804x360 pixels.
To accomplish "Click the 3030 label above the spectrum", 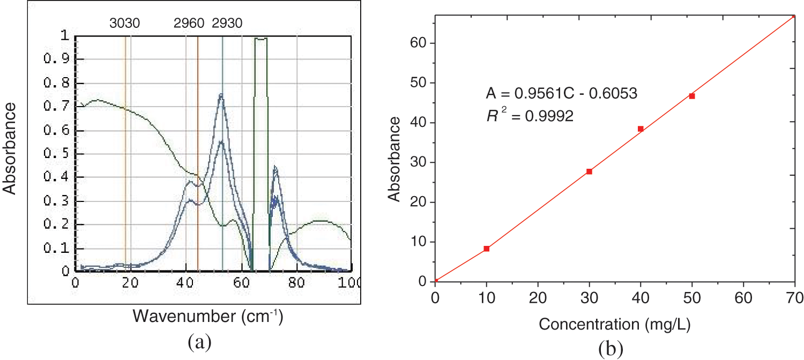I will click(125, 23).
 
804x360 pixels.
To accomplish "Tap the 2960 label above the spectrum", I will click(189, 23).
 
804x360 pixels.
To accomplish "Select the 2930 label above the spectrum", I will click(227, 23).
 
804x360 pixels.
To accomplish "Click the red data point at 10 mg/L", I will click(487, 249).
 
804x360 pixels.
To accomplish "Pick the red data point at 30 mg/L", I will click(589, 171).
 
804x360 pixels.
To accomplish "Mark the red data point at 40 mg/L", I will click(641, 129).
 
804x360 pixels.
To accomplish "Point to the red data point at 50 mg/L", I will click(692, 96).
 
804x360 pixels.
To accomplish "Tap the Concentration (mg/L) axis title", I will click(615, 324).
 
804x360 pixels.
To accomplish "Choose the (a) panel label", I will click(199, 342).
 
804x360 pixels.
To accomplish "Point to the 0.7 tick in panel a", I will click(56, 107).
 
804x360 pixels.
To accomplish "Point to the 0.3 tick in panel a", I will click(56, 201).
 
